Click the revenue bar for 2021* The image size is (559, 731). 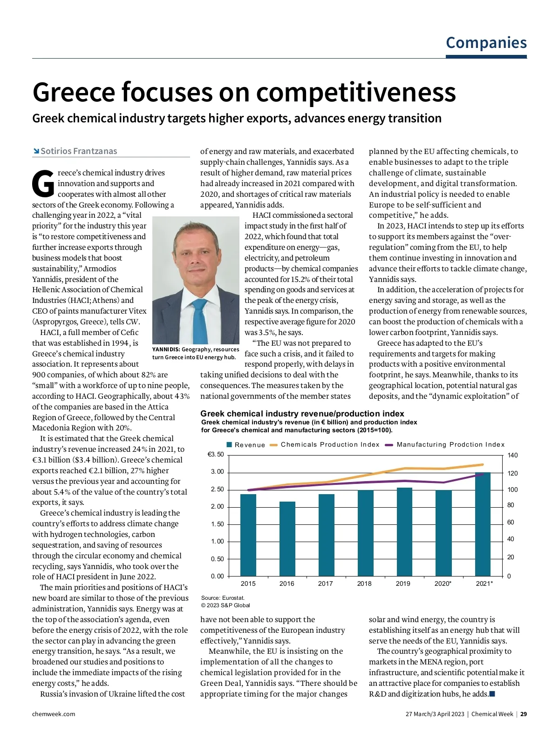pyautogui.click(x=483, y=524)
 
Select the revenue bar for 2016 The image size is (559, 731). pyautogui.click(x=287, y=538)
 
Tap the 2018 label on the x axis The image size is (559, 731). pyautogui.click(x=364, y=583)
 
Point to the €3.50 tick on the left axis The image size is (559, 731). pyautogui.click(x=216, y=455)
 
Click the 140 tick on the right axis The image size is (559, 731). pyautogui.click(x=512, y=456)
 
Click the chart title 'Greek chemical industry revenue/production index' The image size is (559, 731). pyautogui.click(x=302, y=414)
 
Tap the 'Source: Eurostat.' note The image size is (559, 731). pyautogui.click(x=223, y=598)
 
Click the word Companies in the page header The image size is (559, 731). pyautogui.click(x=486, y=43)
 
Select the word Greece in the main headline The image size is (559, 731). pyautogui.click(x=75, y=92)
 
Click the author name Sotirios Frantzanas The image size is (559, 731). pyautogui.click(x=79, y=151)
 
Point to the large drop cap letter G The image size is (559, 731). pyautogui.click(x=43, y=184)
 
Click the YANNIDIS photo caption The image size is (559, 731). pyautogui.click(x=195, y=353)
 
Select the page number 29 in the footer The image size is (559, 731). pyautogui.click(x=524, y=714)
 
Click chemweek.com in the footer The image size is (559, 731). pyautogui.click(x=54, y=714)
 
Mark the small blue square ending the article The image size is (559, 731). pyautogui.click(x=492, y=694)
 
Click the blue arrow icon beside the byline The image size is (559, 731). pyautogui.click(x=36, y=151)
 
